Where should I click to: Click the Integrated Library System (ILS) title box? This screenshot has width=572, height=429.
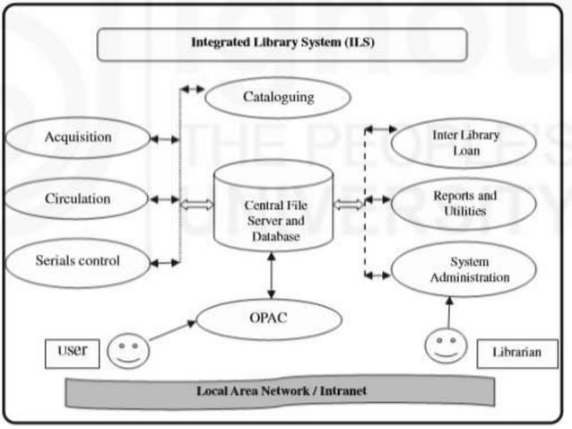tap(282, 43)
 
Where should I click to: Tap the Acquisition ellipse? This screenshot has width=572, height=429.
tap(78, 138)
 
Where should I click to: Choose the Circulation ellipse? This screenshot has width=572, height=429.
tap(78, 199)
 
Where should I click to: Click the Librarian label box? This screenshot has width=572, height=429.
tap(516, 352)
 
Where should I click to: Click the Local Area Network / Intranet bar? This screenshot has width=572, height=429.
tap(281, 391)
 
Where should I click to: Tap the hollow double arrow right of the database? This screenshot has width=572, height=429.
tap(350, 205)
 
